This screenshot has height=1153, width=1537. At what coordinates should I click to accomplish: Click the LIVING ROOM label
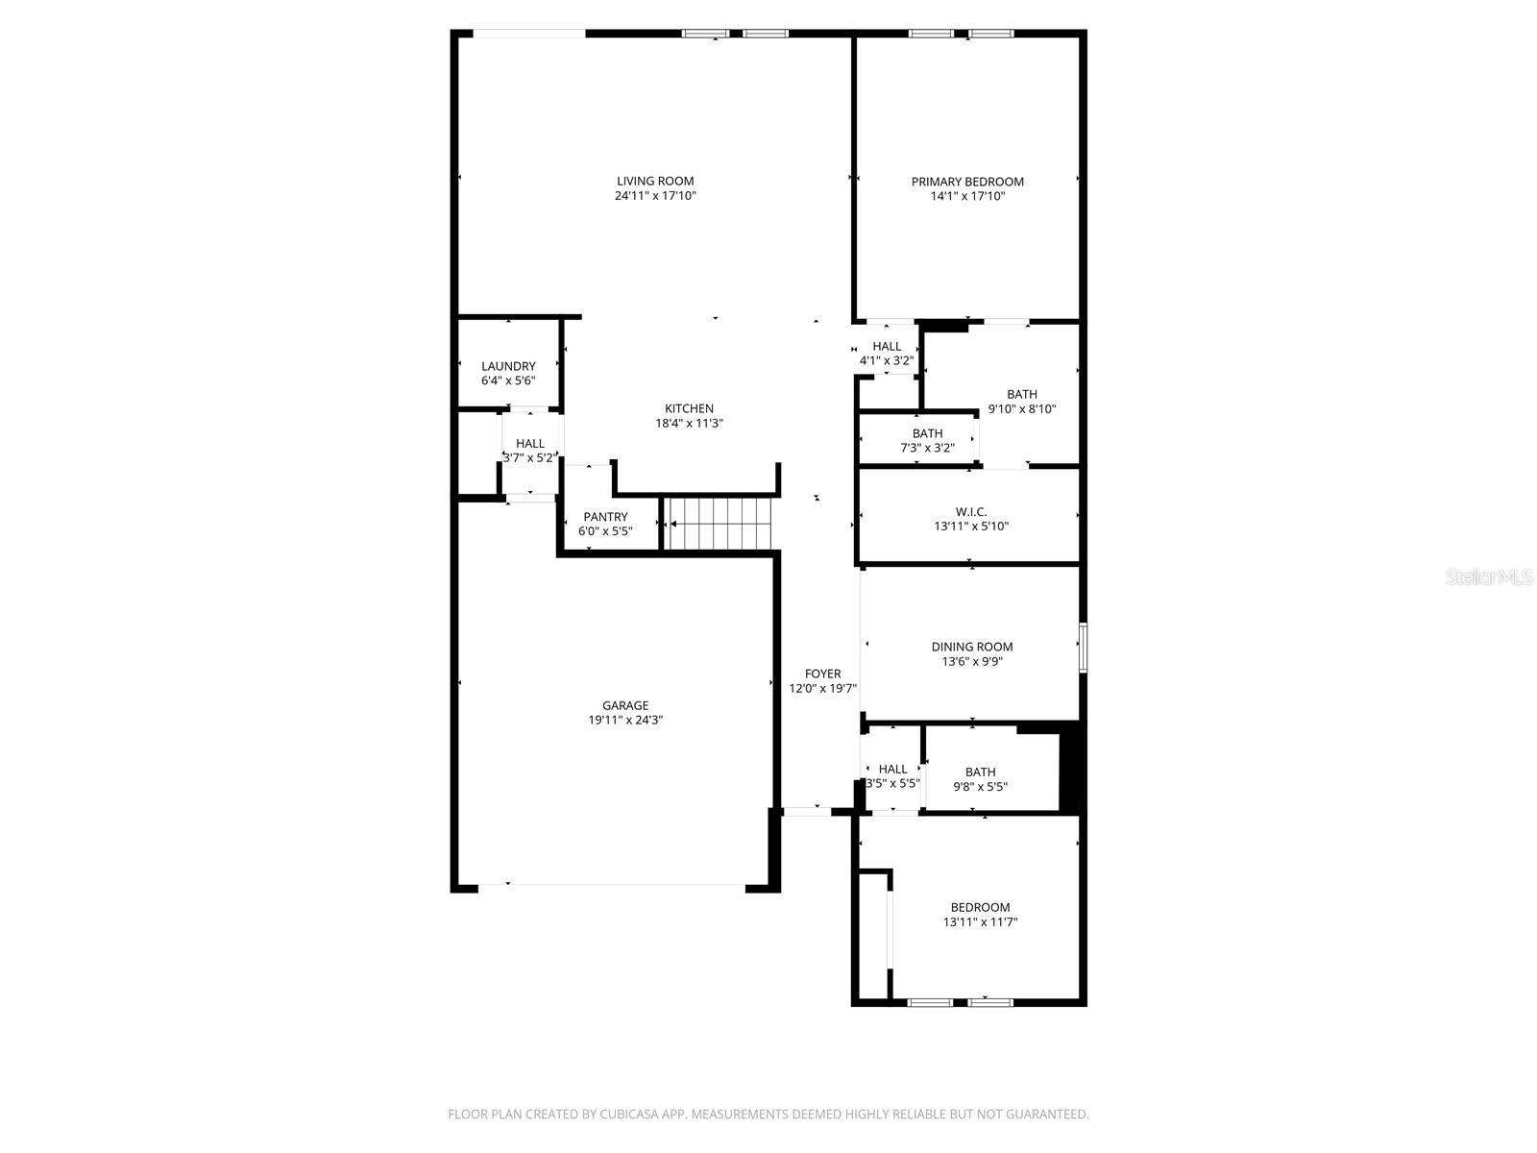(x=655, y=181)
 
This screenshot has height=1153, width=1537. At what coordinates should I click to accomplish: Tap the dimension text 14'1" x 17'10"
(x=967, y=196)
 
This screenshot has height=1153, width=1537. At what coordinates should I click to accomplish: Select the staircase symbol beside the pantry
(x=720, y=524)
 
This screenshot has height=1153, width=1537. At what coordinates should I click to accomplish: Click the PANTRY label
(x=605, y=517)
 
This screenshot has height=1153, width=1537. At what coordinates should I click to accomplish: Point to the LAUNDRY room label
(x=508, y=366)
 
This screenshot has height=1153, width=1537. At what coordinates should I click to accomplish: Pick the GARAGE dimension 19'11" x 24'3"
(x=625, y=720)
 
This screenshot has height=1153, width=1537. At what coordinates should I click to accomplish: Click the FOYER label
(x=822, y=674)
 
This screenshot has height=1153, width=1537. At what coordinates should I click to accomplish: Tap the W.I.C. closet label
(x=971, y=512)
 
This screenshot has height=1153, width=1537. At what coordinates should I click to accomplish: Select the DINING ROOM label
(x=972, y=647)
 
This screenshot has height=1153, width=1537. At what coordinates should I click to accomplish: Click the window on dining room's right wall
(x=1082, y=647)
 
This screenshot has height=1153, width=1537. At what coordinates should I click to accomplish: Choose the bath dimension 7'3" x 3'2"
(x=927, y=448)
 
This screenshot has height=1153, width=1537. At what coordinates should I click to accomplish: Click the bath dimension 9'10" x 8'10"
(x=1022, y=408)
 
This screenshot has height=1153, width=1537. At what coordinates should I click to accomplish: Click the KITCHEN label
(x=689, y=408)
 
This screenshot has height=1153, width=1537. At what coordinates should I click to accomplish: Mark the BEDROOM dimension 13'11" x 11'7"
(x=980, y=922)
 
